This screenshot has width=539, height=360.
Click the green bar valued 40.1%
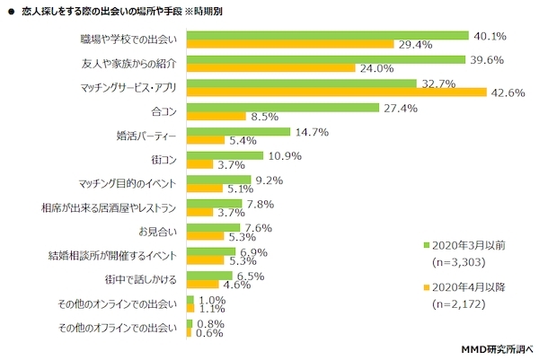pos(327,36)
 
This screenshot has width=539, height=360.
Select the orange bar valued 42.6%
pos(336,92)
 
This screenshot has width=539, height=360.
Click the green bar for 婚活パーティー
pos(238,132)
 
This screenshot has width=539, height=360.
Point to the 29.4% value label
pos(416,44)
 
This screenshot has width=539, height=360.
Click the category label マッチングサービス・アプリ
pos(128,88)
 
